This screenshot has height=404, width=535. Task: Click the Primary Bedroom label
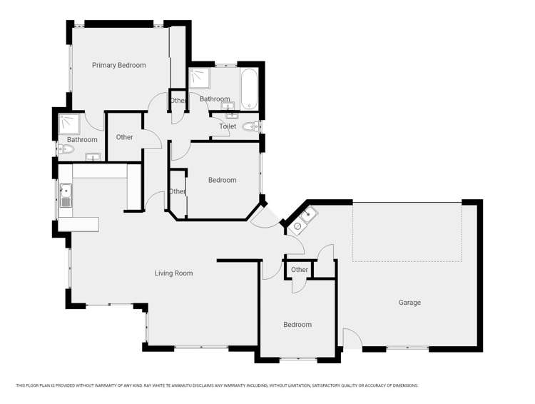pos(118,65)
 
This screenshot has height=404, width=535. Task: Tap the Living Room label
pos(173,273)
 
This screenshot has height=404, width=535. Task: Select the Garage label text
pos(409,303)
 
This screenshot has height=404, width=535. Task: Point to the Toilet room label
pos(228,126)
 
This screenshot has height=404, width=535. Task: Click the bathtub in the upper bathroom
pos(249,89)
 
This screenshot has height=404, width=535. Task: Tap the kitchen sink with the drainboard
pos(66,196)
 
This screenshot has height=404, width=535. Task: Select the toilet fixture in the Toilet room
pos(252,127)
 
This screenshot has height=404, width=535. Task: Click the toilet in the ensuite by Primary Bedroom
pos(66,149)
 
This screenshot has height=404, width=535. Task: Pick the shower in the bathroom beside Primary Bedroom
pos(70,124)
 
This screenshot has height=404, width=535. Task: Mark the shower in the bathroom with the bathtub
pos(200,79)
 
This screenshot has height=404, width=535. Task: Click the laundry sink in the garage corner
pos(303,221)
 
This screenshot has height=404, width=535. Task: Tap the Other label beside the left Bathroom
pos(124,137)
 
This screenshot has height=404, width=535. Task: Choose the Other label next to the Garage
pos(299,270)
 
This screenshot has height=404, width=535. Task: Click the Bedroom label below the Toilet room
pos(222,180)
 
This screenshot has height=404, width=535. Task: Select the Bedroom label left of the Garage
pos(297,325)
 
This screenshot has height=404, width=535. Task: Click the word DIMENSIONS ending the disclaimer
pos(405,385)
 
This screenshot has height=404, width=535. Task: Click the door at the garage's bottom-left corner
pos(352,338)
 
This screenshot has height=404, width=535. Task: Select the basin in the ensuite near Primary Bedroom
pos(93,157)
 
